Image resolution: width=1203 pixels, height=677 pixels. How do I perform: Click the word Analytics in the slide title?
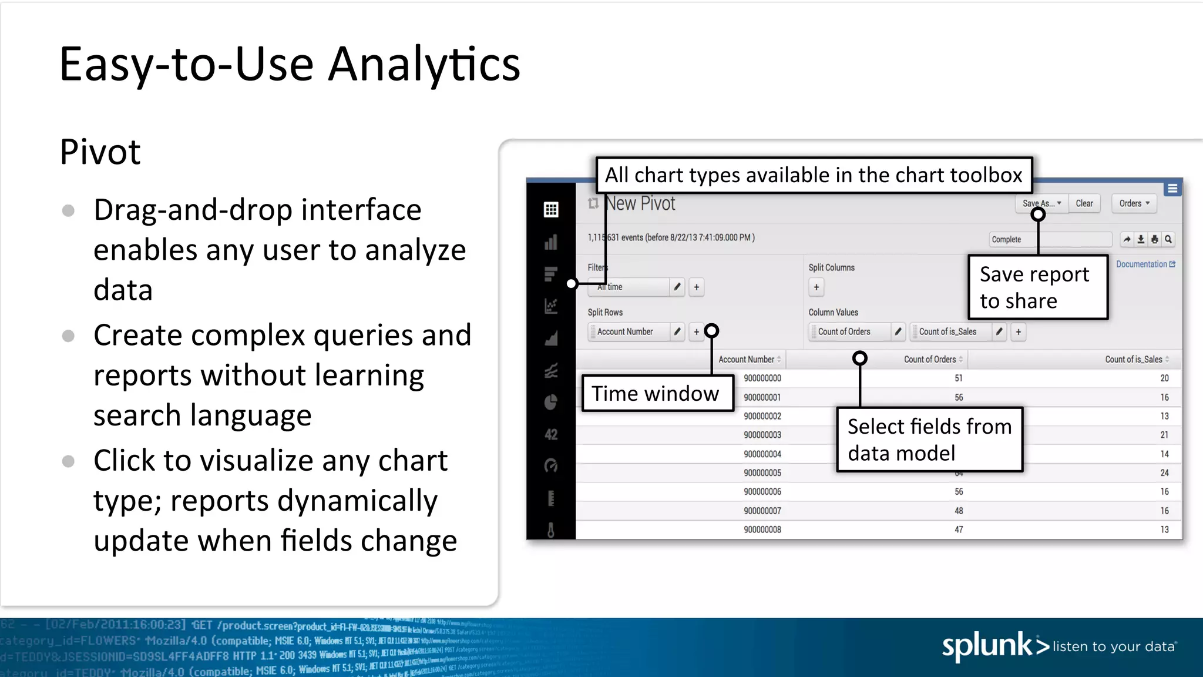click(x=424, y=65)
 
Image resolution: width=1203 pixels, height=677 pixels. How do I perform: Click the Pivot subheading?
click(x=100, y=152)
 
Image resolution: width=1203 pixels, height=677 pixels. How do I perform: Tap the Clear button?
click(x=1084, y=203)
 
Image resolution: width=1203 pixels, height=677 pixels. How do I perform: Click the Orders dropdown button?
click(x=1134, y=203)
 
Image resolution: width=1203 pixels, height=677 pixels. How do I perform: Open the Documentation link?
click(x=1145, y=264)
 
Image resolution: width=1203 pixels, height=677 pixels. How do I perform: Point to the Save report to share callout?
click(x=1037, y=287)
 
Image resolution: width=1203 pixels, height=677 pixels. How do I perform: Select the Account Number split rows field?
click(x=628, y=331)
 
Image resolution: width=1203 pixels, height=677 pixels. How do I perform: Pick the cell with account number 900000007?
click(x=762, y=511)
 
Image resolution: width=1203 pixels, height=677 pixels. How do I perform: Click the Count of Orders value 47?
click(x=958, y=529)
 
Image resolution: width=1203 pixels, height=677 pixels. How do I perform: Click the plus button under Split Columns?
click(x=816, y=287)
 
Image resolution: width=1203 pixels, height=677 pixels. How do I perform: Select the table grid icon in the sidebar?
click(x=550, y=209)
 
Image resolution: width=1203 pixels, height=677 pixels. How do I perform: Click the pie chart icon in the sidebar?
click(x=550, y=403)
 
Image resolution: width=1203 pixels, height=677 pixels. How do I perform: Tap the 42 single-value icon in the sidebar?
click(x=550, y=434)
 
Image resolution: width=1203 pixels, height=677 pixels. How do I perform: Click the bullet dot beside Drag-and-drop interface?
click(x=68, y=210)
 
